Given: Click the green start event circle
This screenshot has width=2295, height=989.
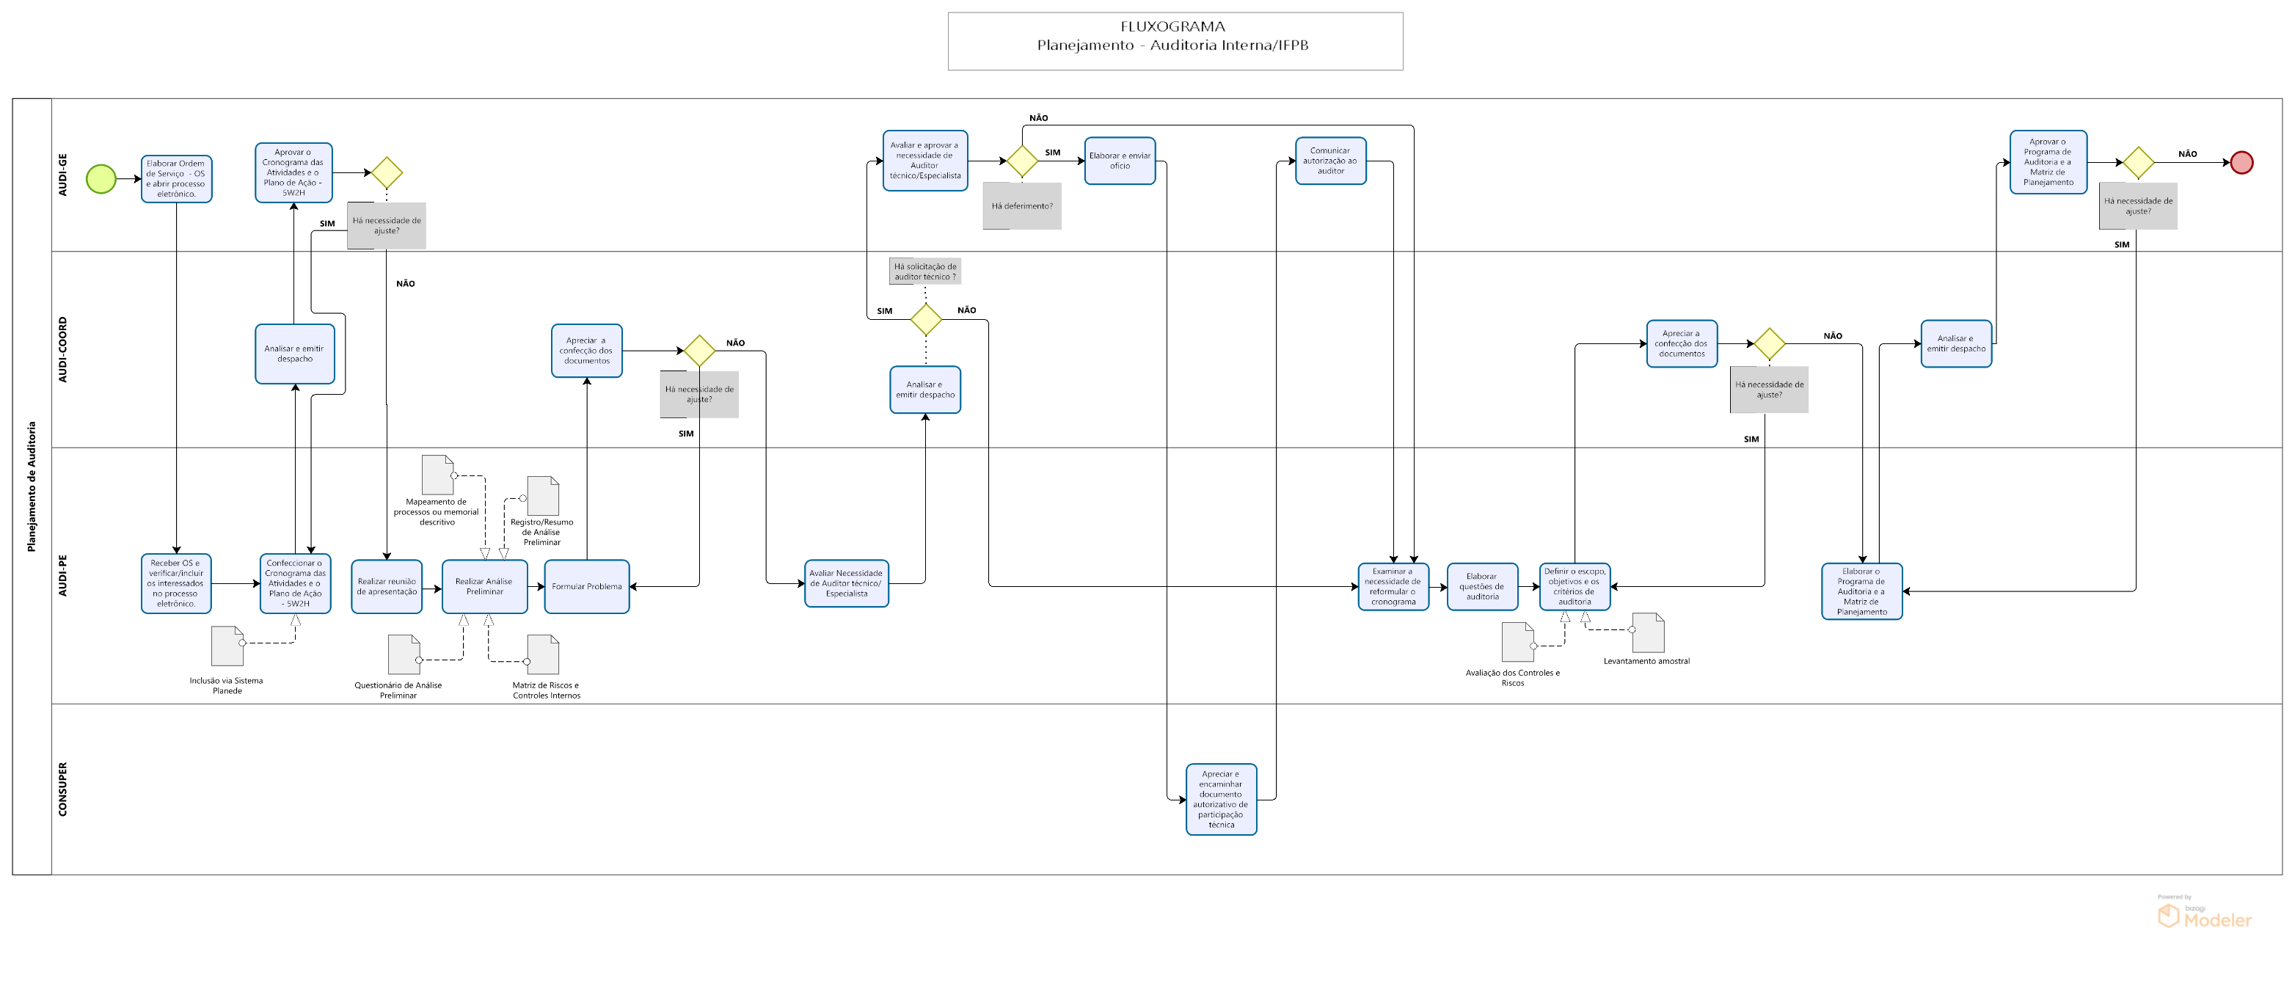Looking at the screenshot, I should point(101,178).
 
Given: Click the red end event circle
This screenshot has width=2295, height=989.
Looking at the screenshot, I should point(2241,162).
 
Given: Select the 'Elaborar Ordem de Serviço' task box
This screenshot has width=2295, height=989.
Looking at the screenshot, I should point(176,179).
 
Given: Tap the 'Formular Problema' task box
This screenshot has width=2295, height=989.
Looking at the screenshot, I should point(586,586).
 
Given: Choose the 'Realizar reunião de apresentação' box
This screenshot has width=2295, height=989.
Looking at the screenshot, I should point(387,586).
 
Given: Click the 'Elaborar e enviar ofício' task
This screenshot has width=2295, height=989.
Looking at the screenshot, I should point(1120,161).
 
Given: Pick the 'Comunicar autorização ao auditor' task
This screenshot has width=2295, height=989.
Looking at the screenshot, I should point(1330,161).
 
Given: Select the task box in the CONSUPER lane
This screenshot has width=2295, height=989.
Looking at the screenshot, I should point(1221,799).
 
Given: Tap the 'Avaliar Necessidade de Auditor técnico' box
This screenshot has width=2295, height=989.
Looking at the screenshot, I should point(847,583).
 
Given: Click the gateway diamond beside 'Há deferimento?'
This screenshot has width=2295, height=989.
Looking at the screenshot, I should point(1022,161).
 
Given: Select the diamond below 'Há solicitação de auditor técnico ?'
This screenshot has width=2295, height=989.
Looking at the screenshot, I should point(926,319).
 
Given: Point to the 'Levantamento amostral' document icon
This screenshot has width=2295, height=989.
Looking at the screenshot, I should point(1647,632).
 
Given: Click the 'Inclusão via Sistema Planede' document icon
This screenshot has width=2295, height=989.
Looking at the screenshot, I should point(227,646).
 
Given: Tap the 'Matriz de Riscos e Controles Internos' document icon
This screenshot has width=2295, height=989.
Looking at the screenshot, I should point(543,655).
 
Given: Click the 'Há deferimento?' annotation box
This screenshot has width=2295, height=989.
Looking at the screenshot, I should point(1022,206).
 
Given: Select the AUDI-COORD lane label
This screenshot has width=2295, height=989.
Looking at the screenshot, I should point(62,349).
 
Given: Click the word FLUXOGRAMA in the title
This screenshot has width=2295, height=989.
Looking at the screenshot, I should point(1172,26).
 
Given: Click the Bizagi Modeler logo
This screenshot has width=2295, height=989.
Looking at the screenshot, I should point(2204,916).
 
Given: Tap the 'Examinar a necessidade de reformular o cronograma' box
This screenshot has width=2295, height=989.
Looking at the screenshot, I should point(1393,586).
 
